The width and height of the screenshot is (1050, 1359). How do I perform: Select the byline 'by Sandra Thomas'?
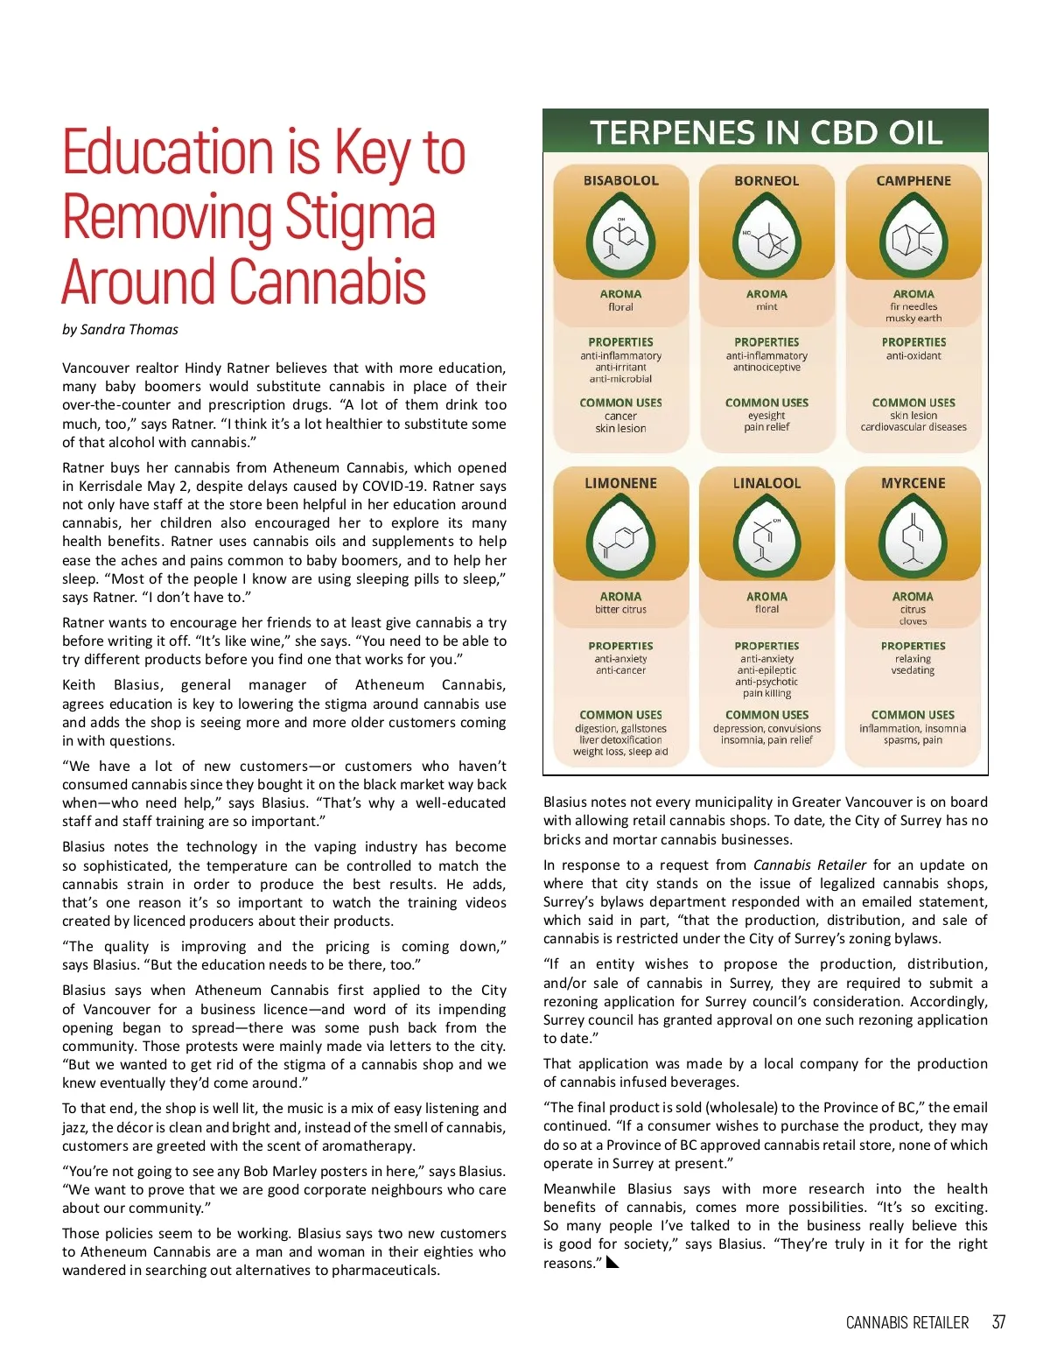pyautogui.click(x=120, y=330)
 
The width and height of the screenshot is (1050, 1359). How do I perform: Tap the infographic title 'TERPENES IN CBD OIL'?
pyautogui.click(x=766, y=133)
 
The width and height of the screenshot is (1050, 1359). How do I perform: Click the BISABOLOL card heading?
pyautogui.click(x=620, y=181)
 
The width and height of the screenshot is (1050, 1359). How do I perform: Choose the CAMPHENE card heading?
pyautogui.click(x=913, y=181)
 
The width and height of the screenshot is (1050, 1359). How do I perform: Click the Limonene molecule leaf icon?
pyautogui.click(x=620, y=539)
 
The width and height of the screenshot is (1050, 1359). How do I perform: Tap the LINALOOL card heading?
pyautogui.click(x=766, y=483)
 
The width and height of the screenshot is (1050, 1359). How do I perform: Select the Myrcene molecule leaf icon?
pyautogui.click(x=913, y=539)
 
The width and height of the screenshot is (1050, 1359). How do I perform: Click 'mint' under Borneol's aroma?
pyautogui.click(x=766, y=307)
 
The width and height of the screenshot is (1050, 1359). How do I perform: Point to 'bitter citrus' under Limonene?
pyautogui.click(x=620, y=609)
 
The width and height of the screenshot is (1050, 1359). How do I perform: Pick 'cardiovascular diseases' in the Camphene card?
pyautogui.click(x=913, y=427)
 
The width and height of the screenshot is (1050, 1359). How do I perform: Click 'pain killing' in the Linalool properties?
pyautogui.click(x=766, y=693)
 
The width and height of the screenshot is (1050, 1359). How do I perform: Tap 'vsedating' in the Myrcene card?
pyautogui.click(x=913, y=670)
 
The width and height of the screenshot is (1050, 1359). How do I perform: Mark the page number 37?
pyautogui.click(x=998, y=1322)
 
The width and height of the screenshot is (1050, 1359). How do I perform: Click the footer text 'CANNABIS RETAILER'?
pyautogui.click(x=907, y=1322)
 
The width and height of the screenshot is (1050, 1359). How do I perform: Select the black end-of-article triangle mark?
pyautogui.click(x=612, y=1262)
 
